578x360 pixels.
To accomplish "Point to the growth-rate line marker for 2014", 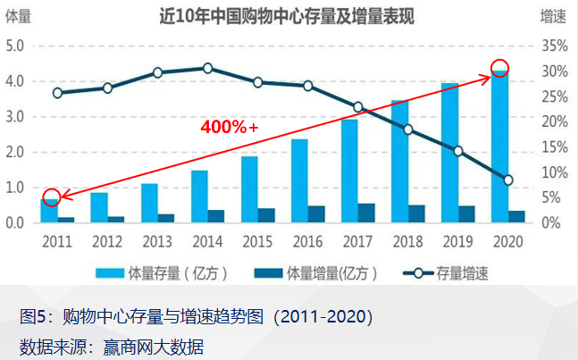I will [207, 68].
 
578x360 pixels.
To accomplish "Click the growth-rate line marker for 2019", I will [458, 151].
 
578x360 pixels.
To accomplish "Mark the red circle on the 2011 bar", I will [52, 197].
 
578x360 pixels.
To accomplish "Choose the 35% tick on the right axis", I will [555, 46].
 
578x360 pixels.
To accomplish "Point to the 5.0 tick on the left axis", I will [15, 46].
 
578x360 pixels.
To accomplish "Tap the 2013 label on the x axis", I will [157, 240].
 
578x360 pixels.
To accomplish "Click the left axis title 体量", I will [17, 17].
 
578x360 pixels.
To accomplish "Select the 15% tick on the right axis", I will [555, 147].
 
